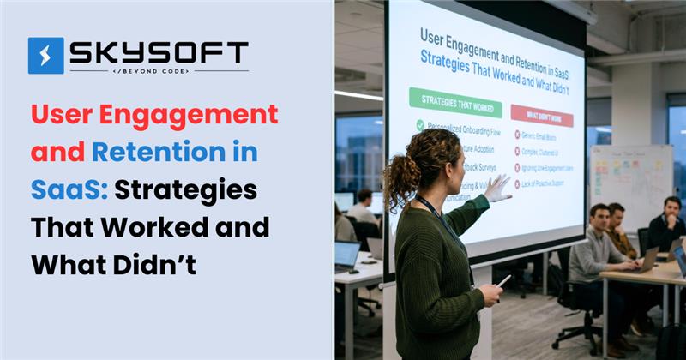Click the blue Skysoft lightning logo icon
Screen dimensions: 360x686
pyautogui.click(x=45, y=55)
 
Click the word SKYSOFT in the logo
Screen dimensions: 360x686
pyautogui.click(x=159, y=52)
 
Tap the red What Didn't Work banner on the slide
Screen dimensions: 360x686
pyautogui.click(x=541, y=111)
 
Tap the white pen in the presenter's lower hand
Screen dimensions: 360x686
pyautogui.click(x=503, y=279)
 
